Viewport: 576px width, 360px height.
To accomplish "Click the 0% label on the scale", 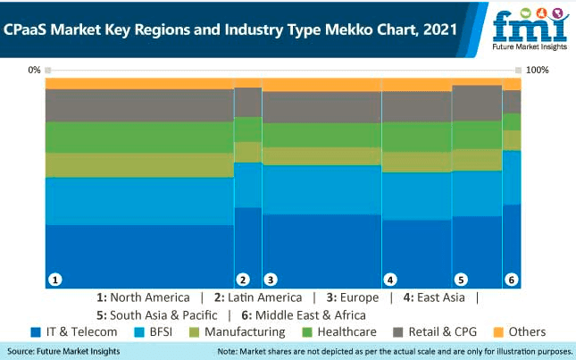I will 35,70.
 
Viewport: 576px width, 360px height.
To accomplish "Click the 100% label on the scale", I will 538,70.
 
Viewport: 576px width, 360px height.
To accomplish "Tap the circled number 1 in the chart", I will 55,279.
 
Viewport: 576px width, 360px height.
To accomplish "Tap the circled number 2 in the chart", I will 242,279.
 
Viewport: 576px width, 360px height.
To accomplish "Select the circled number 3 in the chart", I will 271,279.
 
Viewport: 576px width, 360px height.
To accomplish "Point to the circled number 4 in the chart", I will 389,279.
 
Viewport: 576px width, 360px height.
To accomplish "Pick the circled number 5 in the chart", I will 461,279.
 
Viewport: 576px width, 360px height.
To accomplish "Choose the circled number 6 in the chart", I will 512,279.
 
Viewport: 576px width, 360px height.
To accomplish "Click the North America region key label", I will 143,297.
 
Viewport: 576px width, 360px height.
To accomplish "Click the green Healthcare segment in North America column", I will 138,137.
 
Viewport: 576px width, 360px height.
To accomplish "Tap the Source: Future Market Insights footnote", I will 70,351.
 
